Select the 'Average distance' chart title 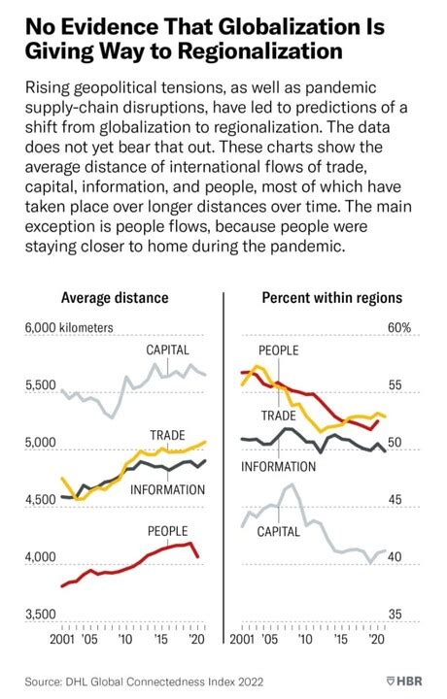[115, 298]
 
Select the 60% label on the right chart [399, 328]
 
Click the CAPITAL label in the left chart [167, 349]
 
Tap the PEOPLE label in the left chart [167, 531]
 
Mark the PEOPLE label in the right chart [278, 350]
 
